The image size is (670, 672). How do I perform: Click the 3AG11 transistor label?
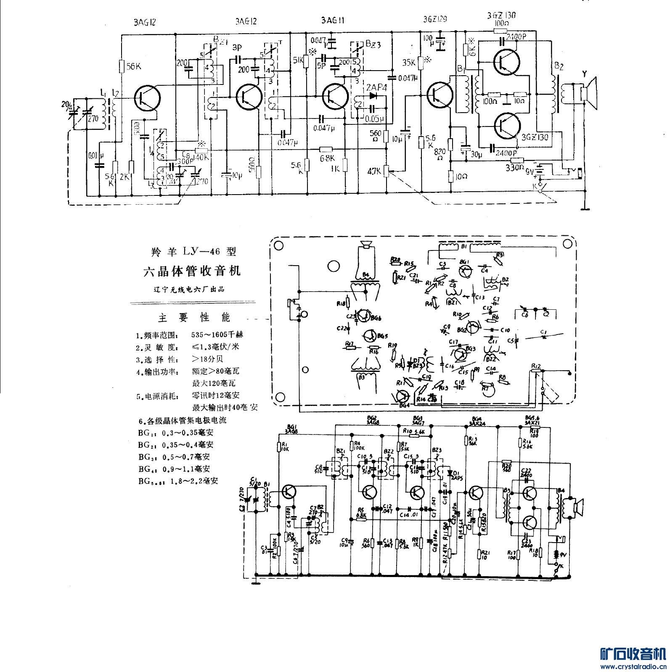[x=332, y=21]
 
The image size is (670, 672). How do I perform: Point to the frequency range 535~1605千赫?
[x=217, y=335]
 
